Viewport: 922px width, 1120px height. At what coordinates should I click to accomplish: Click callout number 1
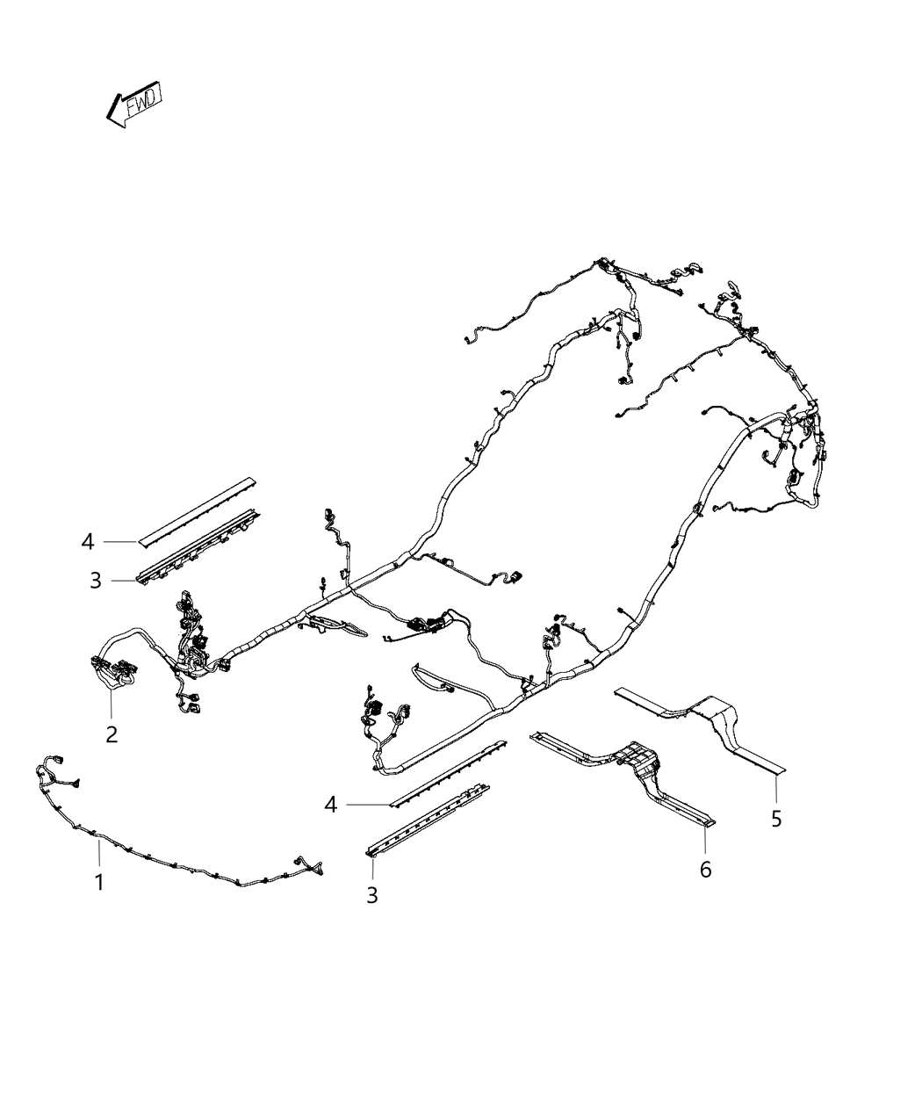coord(99,882)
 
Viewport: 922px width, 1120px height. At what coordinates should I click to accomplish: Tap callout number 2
coord(112,734)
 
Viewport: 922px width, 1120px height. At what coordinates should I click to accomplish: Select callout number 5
coord(776,834)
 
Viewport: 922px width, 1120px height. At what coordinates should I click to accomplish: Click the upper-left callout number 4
coord(88,542)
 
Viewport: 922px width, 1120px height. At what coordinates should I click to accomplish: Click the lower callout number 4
coord(331,820)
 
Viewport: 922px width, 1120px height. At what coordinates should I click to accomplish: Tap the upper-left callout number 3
coord(96,581)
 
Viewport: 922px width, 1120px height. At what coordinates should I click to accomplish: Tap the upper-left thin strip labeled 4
coord(196,510)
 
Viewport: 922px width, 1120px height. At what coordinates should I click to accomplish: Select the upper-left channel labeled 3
coord(198,544)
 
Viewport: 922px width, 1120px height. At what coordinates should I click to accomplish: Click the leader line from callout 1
coord(99,856)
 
